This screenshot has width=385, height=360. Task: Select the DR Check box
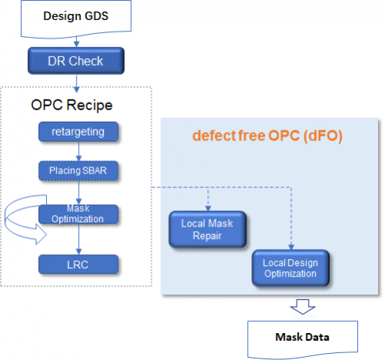coord(76,61)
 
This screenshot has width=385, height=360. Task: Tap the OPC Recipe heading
coord(72,105)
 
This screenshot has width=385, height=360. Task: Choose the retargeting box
coord(79,132)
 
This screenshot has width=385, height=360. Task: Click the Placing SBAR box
coord(79,170)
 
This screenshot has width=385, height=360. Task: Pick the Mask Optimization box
coord(79,214)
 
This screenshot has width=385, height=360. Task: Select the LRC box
coord(79,264)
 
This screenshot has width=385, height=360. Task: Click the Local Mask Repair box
coord(207,230)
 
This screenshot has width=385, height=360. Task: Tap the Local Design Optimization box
coord(290,268)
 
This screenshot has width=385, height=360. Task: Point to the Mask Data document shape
coord(303,338)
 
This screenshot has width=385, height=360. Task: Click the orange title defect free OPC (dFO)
coord(267,136)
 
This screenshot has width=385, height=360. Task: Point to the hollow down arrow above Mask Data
coord(303,307)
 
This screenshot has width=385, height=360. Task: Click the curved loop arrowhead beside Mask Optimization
coord(41,234)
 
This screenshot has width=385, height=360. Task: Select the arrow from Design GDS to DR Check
coord(76,42)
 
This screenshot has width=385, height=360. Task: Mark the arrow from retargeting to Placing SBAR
coord(79,151)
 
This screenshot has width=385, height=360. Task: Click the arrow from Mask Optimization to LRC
coord(79,239)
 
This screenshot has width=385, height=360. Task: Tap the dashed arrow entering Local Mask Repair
coord(208,199)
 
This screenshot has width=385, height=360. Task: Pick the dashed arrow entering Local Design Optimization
coord(291,218)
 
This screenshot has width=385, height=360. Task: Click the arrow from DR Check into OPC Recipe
coord(76,84)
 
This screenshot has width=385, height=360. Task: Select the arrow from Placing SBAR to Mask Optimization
coord(79,193)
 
